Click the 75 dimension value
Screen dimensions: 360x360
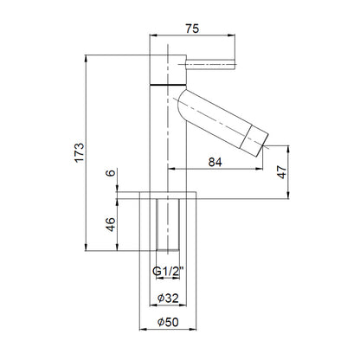pos(192,29)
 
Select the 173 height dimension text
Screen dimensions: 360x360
pos(80,152)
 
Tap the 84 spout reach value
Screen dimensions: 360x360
pos(215,162)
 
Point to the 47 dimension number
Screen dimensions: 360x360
pos(282,172)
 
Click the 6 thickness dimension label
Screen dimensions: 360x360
pos(111,173)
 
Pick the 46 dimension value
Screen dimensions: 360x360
pos(111,224)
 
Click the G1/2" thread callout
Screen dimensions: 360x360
pos(168,272)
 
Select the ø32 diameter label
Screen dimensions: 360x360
pos(168,298)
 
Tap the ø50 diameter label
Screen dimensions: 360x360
pos(168,322)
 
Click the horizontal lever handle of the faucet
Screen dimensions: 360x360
pos(210,64)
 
